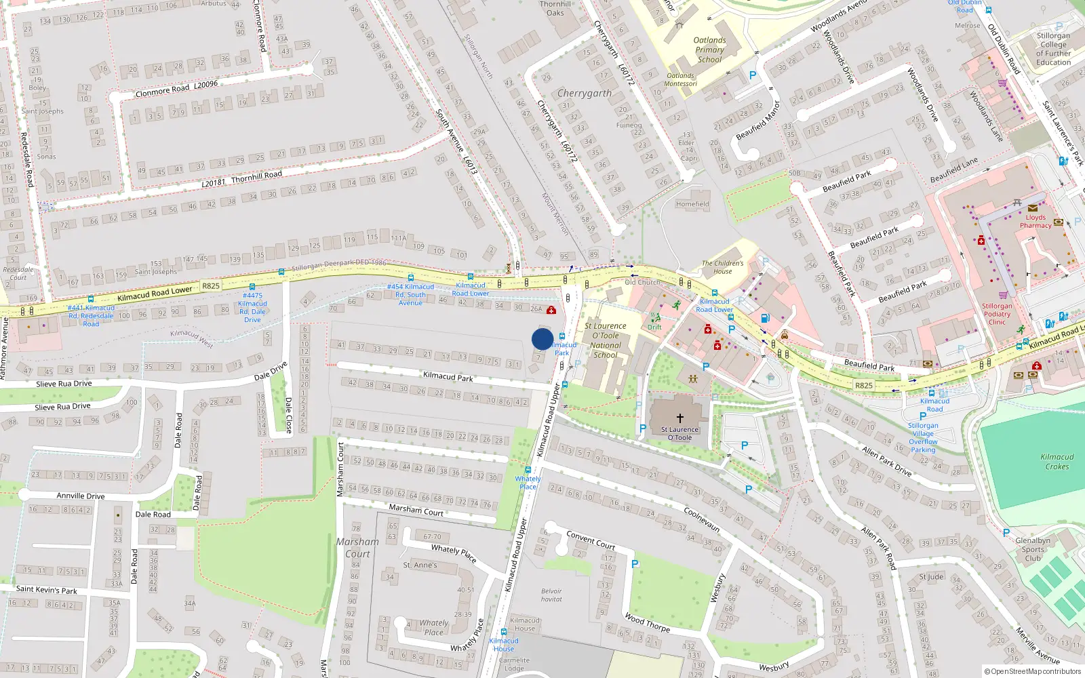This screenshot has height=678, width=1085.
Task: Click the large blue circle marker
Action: pyautogui.click(x=542, y=339)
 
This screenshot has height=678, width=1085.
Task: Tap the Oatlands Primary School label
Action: pyautogui.click(x=709, y=49)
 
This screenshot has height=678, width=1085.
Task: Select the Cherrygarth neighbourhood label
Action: pyautogui.click(x=584, y=93)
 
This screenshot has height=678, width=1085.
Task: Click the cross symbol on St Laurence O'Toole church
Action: pyautogui.click(x=679, y=418)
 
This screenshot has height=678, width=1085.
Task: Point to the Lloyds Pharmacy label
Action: pyautogui.click(x=1035, y=221)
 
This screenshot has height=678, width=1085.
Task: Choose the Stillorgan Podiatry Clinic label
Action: pyautogui.click(x=997, y=314)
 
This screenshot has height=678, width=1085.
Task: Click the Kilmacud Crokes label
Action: pyautogui.click(x=1057, y=461)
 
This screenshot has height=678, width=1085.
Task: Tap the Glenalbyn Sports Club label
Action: pyautogui.click(x=1032, y=549)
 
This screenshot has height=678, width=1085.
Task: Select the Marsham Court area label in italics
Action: pyautogui.click(x=357, y=548)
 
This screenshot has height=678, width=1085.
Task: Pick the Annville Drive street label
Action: pyautogui.click(x=81, y=496)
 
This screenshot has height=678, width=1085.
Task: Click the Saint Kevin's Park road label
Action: pyautogui.click(x=47, y=590)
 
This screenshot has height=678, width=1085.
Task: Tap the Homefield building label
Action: pyautogui.click(x=692, y=203)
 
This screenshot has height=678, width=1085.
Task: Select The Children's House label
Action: pyautogui.click(x=722, y=267)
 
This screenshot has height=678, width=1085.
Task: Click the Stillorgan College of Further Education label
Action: pyautogui.click(x=1053, y=49)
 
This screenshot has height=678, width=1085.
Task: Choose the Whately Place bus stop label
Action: pyautogui.click(x=528, y=482)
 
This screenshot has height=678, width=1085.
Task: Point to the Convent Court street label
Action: pyautogui.click(x=591, y=540)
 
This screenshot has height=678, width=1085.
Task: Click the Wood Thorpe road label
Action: pyautogui.click(x=648, y=622)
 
